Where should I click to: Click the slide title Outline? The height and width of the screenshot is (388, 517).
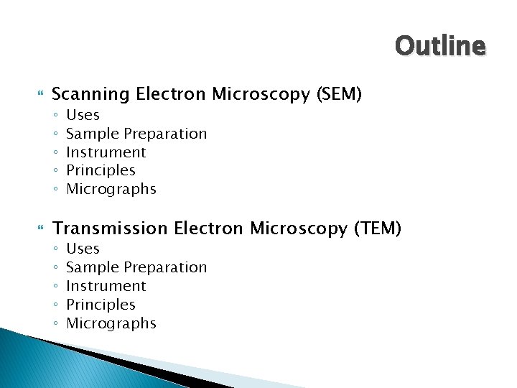[440, 47]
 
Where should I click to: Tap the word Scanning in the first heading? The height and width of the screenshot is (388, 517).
[91, 94]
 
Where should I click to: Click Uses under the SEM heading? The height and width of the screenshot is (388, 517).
[83, 115]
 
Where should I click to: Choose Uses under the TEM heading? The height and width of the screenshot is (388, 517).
[83, 249]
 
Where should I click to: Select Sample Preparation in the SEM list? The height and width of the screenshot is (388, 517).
[136, 134]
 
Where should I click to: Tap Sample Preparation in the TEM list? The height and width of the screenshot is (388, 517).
[136, 267]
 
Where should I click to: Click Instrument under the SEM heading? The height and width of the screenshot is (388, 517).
[106, 152]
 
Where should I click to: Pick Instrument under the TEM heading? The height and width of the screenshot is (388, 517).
[106, 286]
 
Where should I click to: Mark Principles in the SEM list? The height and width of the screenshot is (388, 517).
[101, 170]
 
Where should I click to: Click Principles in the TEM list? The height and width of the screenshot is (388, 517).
[101, 305]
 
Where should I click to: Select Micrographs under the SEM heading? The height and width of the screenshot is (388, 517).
[111, 189]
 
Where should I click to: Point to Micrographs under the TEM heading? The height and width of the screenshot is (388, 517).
[111, 323]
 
